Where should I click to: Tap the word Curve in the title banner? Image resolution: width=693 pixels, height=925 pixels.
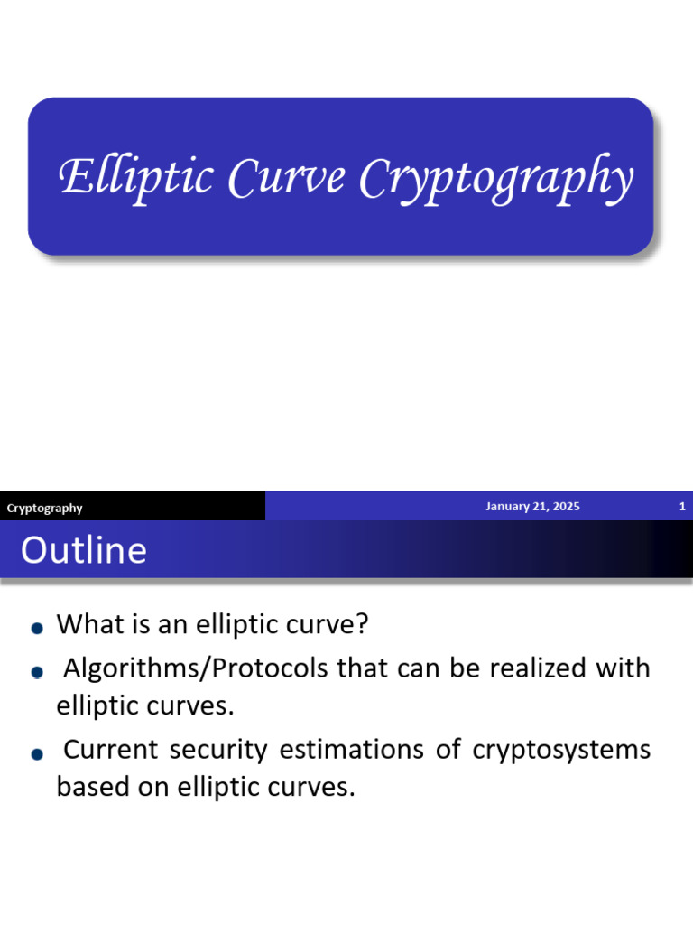click(287, 177)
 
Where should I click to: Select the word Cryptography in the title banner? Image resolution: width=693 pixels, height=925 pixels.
click(495, 179)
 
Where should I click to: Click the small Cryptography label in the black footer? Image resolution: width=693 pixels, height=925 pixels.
click(44, 508)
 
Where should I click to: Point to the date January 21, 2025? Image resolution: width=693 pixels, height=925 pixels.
click(532, 507)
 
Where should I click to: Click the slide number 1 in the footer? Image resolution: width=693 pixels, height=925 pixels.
click(682, 507)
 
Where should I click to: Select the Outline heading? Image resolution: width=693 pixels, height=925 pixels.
click(84, 550)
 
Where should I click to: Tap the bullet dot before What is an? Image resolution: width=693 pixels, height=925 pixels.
click(36, 628)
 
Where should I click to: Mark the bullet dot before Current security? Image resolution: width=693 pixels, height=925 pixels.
click(36, 753)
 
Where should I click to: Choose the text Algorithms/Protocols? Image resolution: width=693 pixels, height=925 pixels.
click(197, 669)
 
